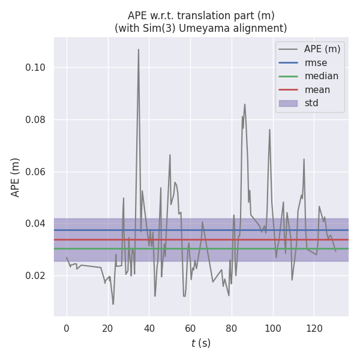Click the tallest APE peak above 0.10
coord(139,50)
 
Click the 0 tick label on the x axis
coord(67,328)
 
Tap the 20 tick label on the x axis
coord(108,328)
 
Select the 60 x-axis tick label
coord(190,328)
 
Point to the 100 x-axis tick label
coord(273,328)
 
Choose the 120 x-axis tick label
coord(314,328)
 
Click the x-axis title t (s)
coord(201,343)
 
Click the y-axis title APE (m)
coord(16,177)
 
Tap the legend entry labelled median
coord(321,76)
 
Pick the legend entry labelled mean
coord(317,89)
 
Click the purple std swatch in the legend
coord(289,103)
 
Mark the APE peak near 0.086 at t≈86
coord(245,104)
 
